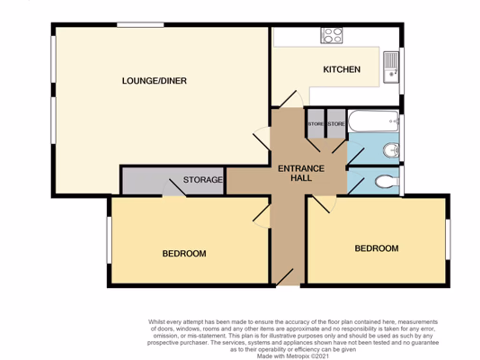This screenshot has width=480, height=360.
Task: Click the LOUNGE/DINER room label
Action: coord(154,81)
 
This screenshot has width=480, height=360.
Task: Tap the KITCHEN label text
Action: coord(342,69)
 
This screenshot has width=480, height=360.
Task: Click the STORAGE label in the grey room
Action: coord(202,180)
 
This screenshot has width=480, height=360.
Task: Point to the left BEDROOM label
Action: coord(184,254)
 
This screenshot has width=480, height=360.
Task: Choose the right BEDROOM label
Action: coord(376,248)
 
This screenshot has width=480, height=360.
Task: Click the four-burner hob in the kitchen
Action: coord(331,36)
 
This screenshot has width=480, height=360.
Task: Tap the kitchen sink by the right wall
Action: coord(390,67)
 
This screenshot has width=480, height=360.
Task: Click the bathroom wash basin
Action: coord(391,150)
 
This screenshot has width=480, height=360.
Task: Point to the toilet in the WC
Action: coord(387,181)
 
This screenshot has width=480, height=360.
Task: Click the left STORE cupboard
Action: coord(315,124)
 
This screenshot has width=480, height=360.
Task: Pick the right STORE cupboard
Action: coord(336,124)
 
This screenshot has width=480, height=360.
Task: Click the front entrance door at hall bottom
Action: coord(285,277)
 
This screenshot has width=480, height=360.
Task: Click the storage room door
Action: coord(174,188)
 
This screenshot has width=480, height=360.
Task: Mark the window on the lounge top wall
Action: coord(140,24)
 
